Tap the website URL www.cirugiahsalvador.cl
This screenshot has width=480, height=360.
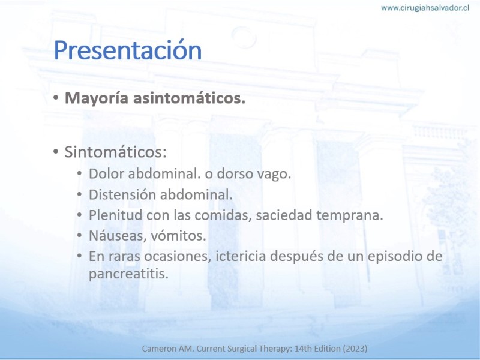(x=425, y=8)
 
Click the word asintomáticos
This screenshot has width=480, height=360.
(x=189, y=98)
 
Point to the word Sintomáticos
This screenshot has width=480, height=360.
(x=115, y=152)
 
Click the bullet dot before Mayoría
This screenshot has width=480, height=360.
(x=55, y=98)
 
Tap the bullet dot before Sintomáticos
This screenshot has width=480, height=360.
(x=55, y=152)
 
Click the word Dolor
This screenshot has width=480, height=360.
(x=106, y=173)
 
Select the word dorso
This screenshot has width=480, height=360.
(x=235, y=173)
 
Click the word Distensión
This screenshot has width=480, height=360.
(x=122, y=194)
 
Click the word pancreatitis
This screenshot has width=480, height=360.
(x=128, y=274)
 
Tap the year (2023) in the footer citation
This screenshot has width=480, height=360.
(x=355, y=349)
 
